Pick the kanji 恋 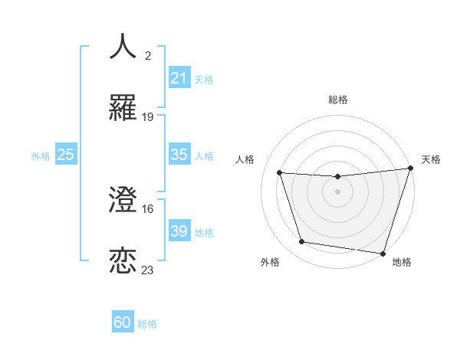pyautogui.click(x=123, y=262)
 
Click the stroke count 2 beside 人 pyautogui.click(x=148, y=55)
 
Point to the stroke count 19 pyautogui.click(x=148, y=116)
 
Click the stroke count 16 pyautogui.click(x=148, y=208)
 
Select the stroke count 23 pyautogui.click(x=148, y=270)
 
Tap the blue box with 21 pyautogui.click(x=179, y=78)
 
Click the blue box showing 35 pyautogui.click(x=179, y=155)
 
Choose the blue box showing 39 pyautogui.click(x=179, y=231)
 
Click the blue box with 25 pyautogui.click(x=66, y=155)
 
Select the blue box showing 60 pyautogui.click(x=123, y=323)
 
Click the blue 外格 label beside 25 pyautogui.click(x=41, y=155)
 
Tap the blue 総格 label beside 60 pyautogui.click(x=147, y=324)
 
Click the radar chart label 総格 pyautogui.click(x=337, y=100)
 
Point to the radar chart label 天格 pyautogui.click(x=431, y=159)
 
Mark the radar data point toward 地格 pyautogui.click(x=383, y=253)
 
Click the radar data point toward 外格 pyautogui.click(x=302, y=242)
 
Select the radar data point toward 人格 pyautogui.click(x=280, y=173)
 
